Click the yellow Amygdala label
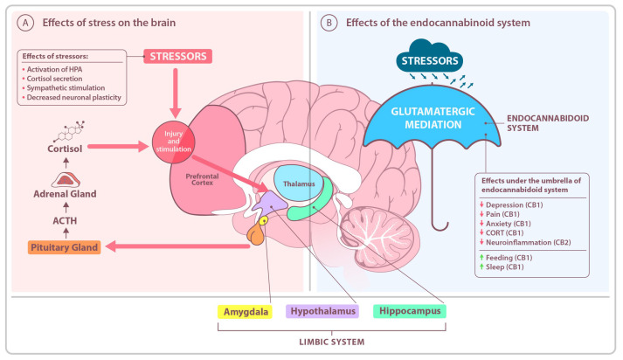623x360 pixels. pos(246,312)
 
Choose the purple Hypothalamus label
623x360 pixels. pos(322,312)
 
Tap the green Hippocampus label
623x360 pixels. pos(408,312)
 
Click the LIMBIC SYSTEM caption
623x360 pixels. pos(331,341)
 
